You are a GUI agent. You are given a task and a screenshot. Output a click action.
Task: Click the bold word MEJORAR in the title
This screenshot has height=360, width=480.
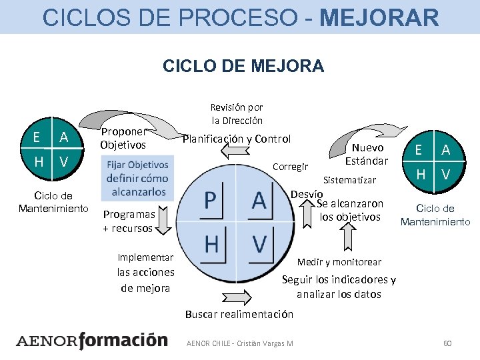[379, 17]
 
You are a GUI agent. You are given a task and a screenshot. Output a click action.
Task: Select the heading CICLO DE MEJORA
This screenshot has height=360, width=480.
[243, 66]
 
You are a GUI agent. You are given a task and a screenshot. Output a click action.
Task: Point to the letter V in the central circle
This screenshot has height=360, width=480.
[259, 244]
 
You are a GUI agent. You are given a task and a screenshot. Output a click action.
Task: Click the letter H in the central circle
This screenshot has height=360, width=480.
[211, 244]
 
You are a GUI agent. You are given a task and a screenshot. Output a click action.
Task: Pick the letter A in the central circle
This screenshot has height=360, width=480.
[259, 201]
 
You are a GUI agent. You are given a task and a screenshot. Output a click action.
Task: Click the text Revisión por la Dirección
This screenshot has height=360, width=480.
[237, 114]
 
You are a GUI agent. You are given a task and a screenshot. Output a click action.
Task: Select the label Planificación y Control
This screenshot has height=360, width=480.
[237, 139]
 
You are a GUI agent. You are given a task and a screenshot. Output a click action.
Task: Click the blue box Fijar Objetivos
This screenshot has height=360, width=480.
[136, 178]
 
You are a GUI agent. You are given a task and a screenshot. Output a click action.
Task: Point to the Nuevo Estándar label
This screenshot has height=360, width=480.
[367, 155]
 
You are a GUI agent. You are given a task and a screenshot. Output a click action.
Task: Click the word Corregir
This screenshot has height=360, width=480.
[291, 167]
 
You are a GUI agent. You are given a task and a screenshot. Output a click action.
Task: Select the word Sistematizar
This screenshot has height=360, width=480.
[349, 180]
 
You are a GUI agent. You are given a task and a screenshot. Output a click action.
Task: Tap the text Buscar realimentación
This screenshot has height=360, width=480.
[239, 313]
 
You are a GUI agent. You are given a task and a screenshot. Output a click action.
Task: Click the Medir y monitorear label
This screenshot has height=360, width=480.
[339, 262]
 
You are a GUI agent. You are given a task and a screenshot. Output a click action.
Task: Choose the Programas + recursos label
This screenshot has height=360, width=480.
[128, 221]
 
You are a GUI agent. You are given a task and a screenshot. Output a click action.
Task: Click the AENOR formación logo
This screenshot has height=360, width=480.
[91, 341]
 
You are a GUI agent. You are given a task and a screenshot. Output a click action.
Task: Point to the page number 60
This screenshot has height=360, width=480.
[447, 343]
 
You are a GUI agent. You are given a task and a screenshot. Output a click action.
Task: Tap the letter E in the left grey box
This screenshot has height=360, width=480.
[37, 137]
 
